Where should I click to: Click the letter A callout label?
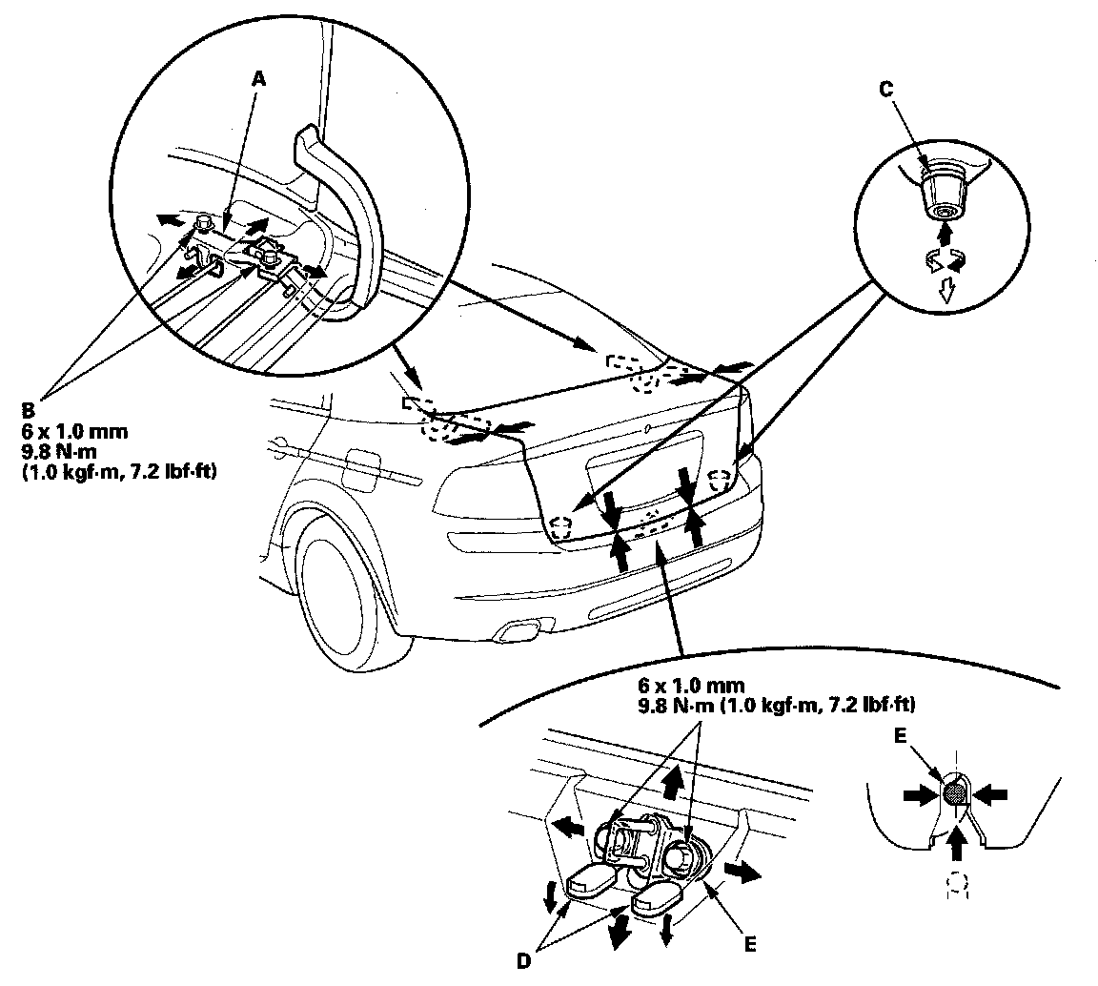coord(257,81)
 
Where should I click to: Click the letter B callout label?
coord(28,411)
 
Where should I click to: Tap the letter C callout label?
coord(885,91)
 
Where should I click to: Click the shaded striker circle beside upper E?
coord(954,791)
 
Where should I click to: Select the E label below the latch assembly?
coord(750,944)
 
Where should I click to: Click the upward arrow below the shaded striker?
coord(957,841)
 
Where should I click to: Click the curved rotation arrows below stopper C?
coord(945,260)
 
